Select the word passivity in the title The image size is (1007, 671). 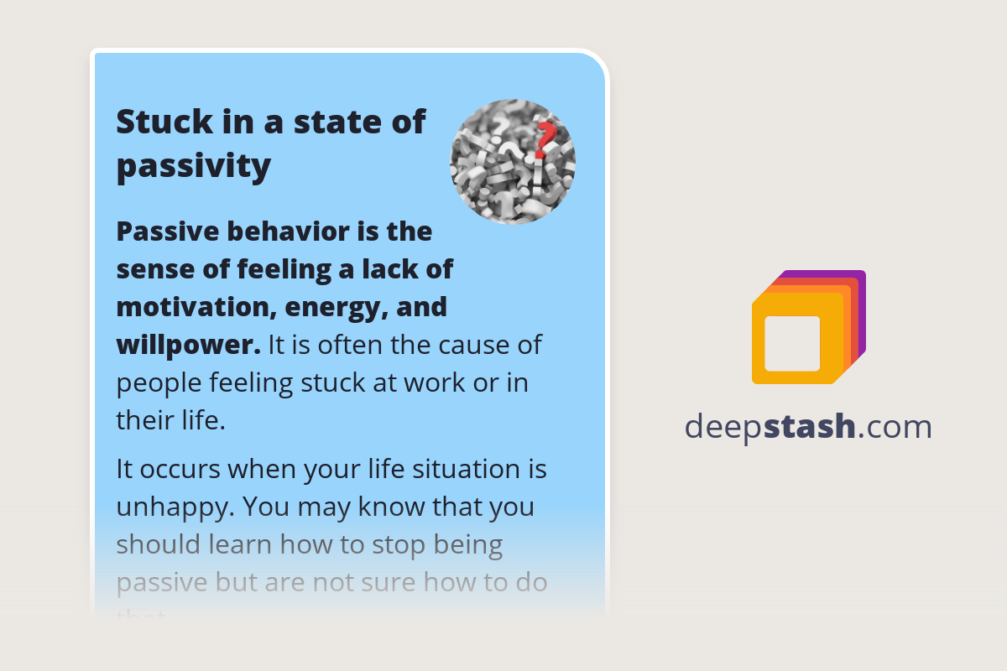[194, 165]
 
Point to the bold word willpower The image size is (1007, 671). [186, 345]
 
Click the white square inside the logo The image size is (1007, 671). [792, 343]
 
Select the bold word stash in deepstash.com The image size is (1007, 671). [810, 427]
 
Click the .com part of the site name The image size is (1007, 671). [895, 427]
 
